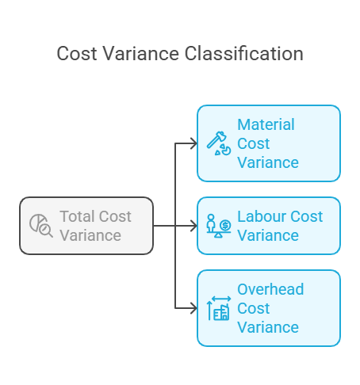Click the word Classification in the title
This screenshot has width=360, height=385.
[243, 54]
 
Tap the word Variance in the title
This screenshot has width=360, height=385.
[141, 54]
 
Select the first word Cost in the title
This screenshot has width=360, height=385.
[77, 54]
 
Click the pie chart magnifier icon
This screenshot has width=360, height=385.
[41, 226]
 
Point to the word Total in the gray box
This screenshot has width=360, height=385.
[77, 216]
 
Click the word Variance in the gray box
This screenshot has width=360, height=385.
[90, 235]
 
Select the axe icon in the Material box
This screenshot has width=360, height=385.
[219, 143]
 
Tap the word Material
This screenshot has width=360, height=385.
[266, 124]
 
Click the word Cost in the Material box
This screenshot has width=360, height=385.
[253, 143]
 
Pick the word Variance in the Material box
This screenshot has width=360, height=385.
[268, 162]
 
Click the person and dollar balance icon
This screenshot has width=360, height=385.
[219, 226]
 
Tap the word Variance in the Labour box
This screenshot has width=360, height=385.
[268, 235]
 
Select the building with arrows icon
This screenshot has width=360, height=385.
[219, 308]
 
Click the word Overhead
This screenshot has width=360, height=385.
[270, 289]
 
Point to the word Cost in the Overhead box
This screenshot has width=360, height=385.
[253, 308]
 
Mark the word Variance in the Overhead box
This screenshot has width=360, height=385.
[268, 327]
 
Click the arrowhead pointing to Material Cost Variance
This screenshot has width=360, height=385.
[194, 143]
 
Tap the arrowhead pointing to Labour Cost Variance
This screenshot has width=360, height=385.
[194, 226]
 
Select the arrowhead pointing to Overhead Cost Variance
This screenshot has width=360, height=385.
[194, 308]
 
